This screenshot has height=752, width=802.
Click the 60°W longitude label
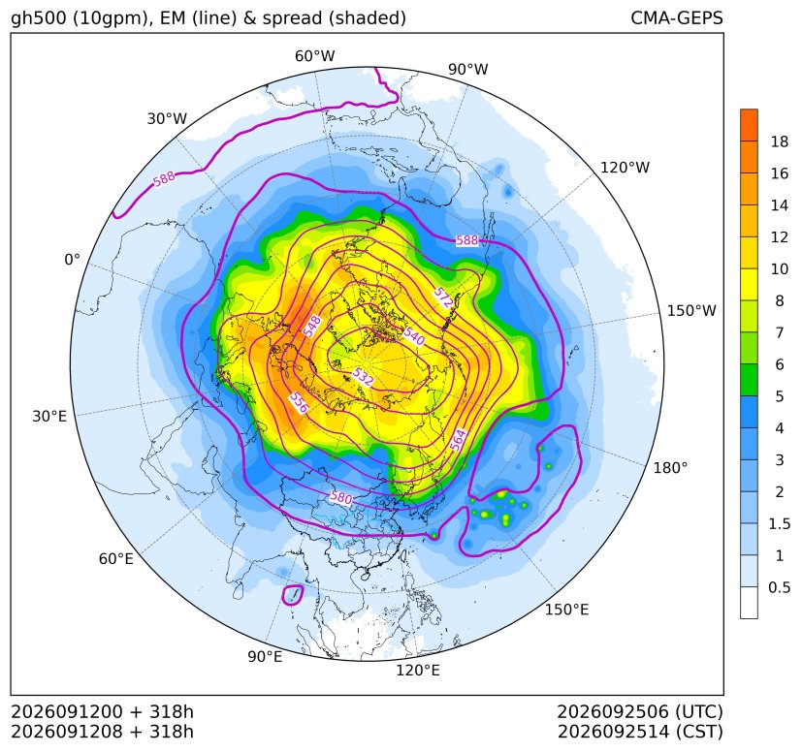click(x=314, y=56)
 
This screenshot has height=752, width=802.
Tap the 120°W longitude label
click(x=625, y=168)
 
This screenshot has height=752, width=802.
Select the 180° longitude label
click(x=670, y=468)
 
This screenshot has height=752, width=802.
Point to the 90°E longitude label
click(x=265, y=656)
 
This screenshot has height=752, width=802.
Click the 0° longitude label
click(x=72, y=260)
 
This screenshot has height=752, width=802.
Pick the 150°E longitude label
click(x=566, y=610)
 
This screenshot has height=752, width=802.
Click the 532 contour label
click(x=363, y=377)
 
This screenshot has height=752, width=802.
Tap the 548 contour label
click(x=312, y=327)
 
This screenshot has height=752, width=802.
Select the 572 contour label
click(x=443, y=298)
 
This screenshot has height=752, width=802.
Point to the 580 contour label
click(x=340, y=497)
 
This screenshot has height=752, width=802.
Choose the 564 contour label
click(x=459, y=440)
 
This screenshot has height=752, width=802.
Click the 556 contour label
click(x=299, y=402)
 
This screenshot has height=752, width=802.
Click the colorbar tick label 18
click(x=780, y=141)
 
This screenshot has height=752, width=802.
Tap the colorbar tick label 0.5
click(x=779, y=587)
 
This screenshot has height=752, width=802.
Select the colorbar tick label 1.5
click(x=779, y=523)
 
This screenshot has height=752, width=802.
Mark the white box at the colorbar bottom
click(x=749, y=603)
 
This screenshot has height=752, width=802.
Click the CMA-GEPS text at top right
click(x=677, y=17)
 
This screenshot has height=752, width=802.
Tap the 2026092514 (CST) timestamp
click(x=640, y=732)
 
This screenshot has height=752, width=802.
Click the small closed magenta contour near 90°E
click(x=293, y=596)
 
